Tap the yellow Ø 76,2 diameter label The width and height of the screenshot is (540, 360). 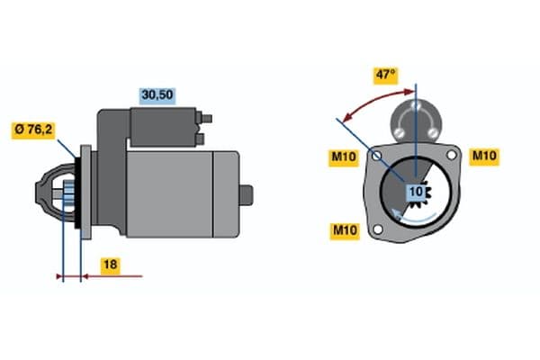coord(34,130)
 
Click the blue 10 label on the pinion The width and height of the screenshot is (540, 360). coord(417,192)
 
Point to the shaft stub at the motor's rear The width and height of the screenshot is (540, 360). coord(247,193)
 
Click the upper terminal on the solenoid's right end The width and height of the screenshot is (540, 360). coord(207,118)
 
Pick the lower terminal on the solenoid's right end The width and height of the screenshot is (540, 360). coord(202,138)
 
